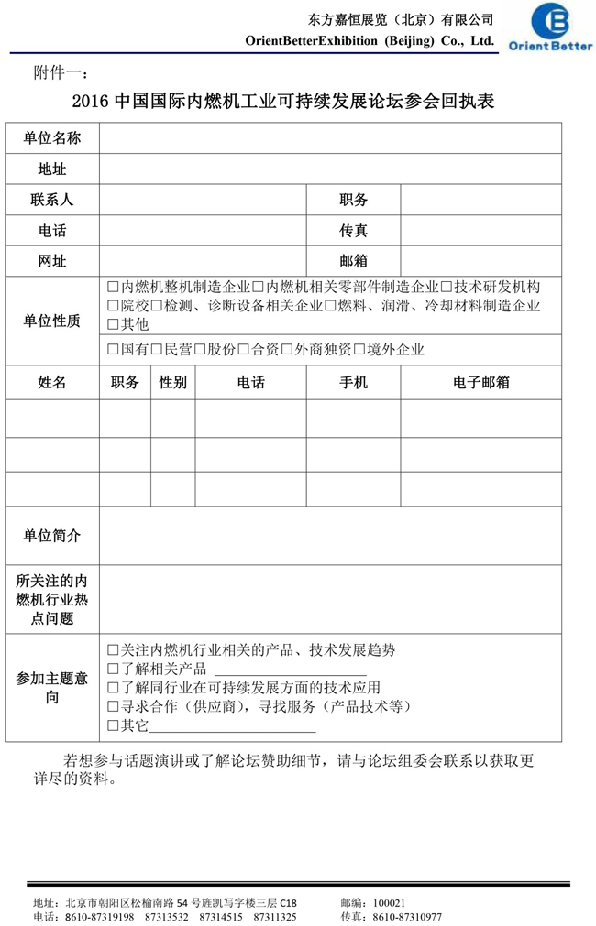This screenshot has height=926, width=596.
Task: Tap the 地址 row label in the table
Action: pos(52,169)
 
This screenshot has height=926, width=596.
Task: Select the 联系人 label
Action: pos(52,200)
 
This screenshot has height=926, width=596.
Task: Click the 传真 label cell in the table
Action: pos(353,231)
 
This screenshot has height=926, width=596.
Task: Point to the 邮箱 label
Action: pos(353,261)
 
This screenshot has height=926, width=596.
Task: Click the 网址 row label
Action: pos(52,261)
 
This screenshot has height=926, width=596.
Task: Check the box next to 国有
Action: pos(113,349)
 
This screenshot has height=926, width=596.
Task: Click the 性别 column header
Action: pos(173,383)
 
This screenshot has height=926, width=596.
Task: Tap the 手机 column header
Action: pos(353,383)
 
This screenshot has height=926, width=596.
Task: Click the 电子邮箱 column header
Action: pos(480,383)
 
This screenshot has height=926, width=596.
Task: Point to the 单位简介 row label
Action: pos(52,536)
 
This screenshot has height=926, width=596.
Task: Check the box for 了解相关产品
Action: pos(113,669)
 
